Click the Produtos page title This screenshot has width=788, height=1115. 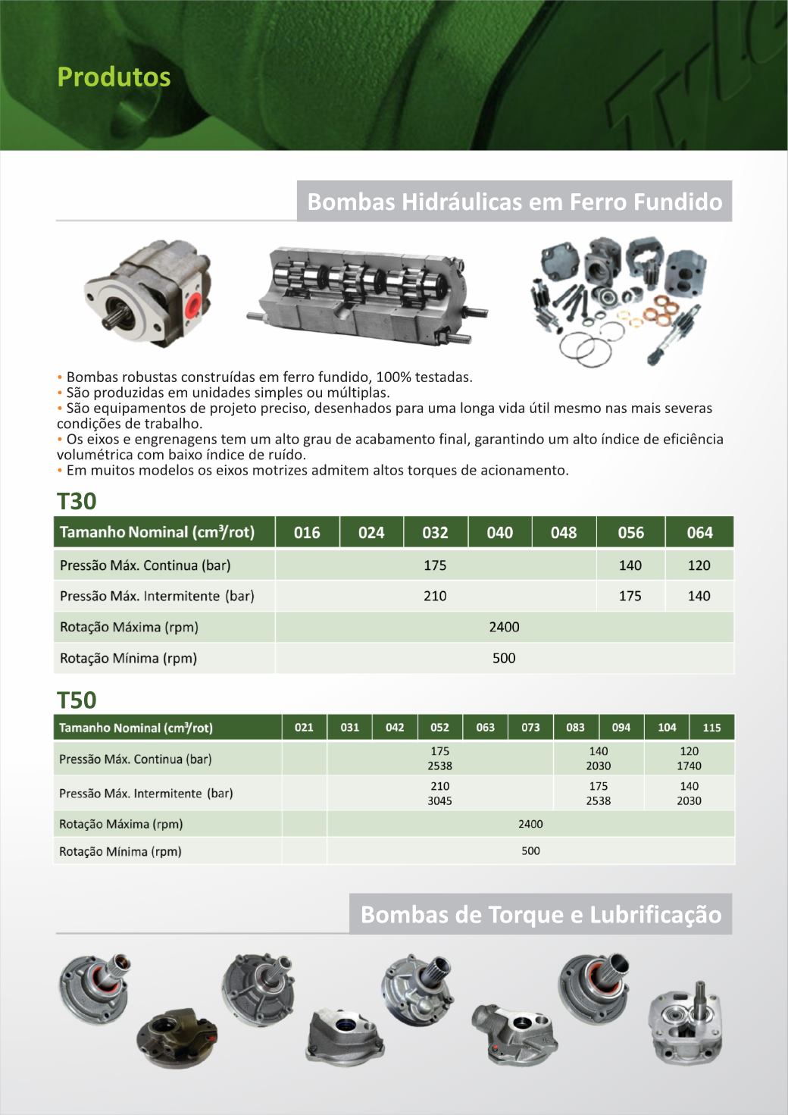coord(114,77)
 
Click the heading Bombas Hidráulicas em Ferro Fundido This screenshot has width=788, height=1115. coord(514,202)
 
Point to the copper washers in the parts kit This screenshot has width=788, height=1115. coord(664,310)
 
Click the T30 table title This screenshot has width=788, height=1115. coord(77,502)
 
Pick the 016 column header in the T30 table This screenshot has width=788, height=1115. coord(307,532)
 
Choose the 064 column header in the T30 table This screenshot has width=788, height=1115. coord(699,532)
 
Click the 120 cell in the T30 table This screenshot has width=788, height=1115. coord(699,565)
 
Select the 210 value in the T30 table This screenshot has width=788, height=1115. coord(435,596)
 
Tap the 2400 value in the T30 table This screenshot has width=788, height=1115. coord(504,627)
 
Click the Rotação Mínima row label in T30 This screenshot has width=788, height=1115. coord(128,658)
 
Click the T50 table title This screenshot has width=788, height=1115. coord(77,699)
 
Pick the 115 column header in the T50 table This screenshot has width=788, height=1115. coord(711,728)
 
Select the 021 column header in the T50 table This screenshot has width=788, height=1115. coord(304,728)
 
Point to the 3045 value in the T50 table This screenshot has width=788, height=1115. coord(439,800)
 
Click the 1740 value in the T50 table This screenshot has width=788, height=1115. coord(689,766)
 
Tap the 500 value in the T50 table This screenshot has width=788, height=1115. coord(530,851)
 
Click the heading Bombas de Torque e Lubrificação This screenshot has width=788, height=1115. coord(540,914)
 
